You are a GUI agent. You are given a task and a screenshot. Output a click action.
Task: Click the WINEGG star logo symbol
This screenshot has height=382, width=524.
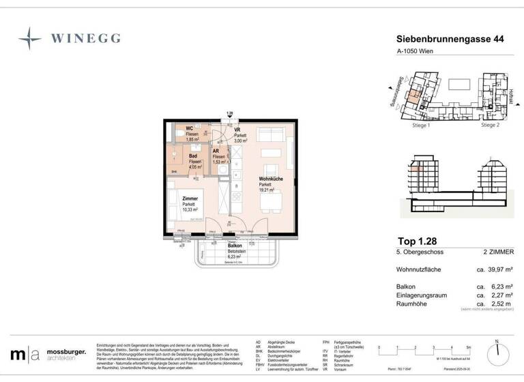point(30,39)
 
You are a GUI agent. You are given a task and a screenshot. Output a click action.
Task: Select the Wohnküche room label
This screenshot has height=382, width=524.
point(267,179)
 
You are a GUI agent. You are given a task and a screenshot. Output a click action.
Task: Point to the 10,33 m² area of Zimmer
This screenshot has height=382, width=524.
point(190,210)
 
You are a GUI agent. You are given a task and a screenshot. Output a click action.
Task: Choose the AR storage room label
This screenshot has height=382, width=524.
point(216,151)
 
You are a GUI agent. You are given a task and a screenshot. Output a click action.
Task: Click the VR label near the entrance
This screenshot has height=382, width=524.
point(237,129)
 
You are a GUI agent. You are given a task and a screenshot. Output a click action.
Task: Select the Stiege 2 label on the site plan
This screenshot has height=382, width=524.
point(491,126)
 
